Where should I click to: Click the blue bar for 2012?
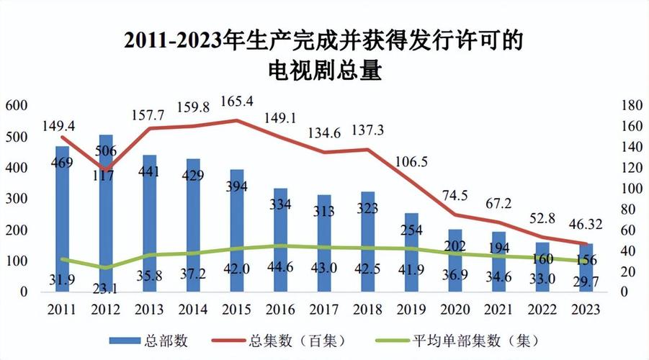point(106,216)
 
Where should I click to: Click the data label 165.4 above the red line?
point(236,102)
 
